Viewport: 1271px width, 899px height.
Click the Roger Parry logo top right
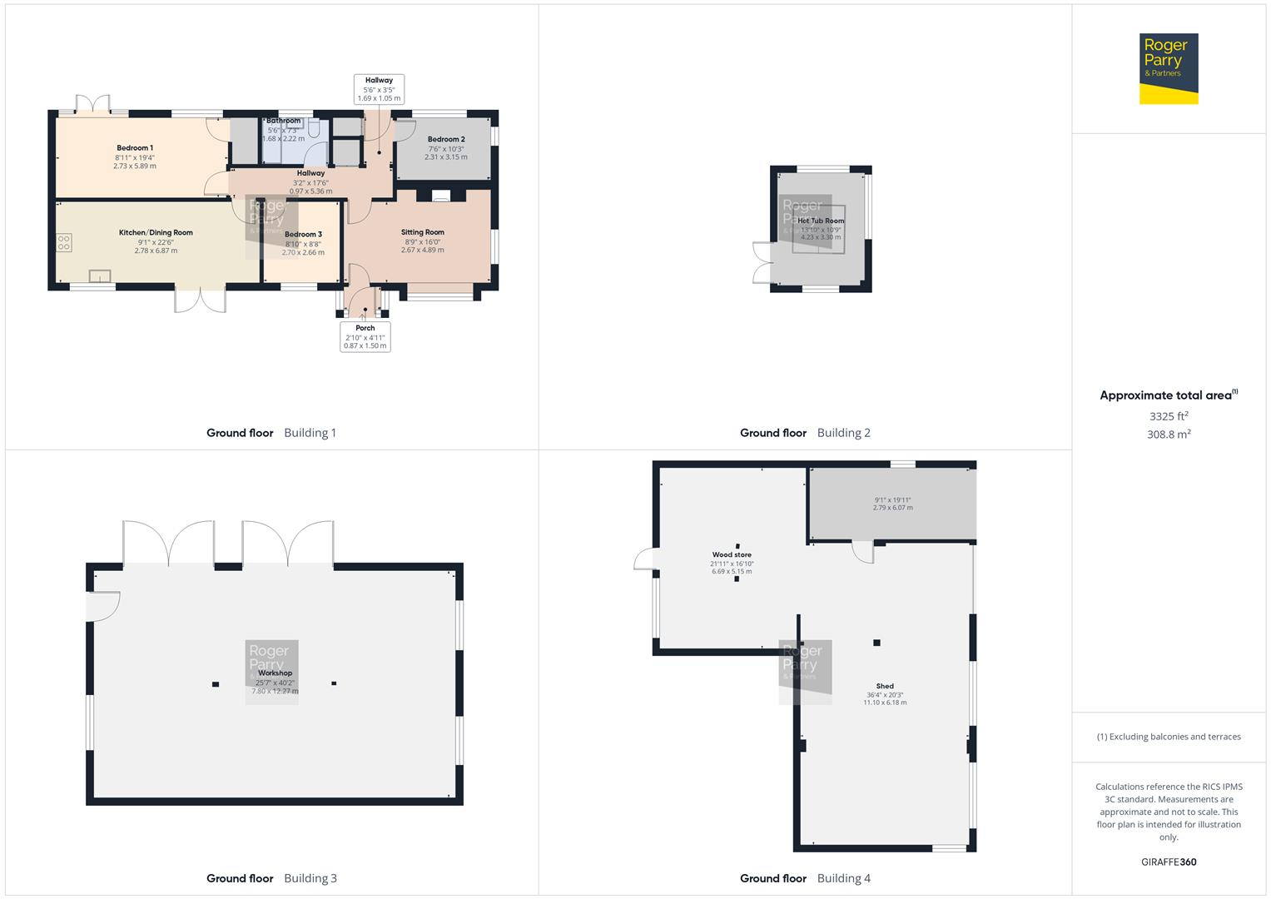(1168, 68)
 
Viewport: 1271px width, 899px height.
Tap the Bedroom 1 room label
(135, 148)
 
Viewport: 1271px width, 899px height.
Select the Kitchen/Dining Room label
(156, 233)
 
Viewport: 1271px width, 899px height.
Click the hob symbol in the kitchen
(64, 242)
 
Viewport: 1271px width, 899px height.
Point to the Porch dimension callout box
(365, 336)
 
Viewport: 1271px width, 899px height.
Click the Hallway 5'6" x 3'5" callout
(379, 89)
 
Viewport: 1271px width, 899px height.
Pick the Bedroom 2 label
(446, 140)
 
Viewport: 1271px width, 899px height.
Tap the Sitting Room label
(422, 233)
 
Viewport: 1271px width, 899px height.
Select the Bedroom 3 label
(303, 235)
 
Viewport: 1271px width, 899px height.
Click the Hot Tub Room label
(821, 221)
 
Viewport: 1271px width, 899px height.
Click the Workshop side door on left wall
(103, 606)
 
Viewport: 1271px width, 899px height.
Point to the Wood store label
(732, 555)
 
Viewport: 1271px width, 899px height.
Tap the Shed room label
(885, 687)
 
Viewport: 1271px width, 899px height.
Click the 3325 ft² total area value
(1169, 416)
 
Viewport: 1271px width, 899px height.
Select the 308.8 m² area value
(1169, 435)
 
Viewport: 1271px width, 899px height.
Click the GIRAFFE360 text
(1169, 862)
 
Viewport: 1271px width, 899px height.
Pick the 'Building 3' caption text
(310, 878)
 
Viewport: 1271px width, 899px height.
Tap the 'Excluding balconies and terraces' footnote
(1169, 737)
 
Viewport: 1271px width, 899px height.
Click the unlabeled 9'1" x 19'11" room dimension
(892, 504)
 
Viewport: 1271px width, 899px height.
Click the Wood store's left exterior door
(645, 559)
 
